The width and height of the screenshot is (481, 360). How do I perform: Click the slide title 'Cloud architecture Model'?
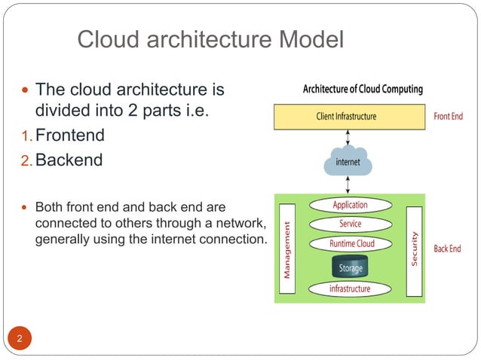[x=211, y=38]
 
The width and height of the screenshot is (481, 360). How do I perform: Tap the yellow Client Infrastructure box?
[x=349, y=117]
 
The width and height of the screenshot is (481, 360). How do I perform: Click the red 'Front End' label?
[x=448, y=117]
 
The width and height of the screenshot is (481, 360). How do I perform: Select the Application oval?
[x=350, y=205]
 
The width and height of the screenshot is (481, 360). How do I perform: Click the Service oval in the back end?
[x=350, y=224]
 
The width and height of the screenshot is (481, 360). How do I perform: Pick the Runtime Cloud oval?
[x=351, y=244]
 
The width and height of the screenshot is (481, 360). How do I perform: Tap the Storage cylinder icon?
[x=350, y=267]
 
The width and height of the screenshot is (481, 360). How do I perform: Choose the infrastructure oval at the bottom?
[x=350, y=288]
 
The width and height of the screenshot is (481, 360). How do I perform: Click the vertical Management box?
[x=286, y=249]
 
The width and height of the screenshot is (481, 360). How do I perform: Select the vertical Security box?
[x=414, y=249]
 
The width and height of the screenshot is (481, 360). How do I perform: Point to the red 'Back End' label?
[x=447, y=249]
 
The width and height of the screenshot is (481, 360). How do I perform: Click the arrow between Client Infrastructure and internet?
[x=347, y=138]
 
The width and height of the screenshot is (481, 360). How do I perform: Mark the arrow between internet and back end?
[x=347, y=185]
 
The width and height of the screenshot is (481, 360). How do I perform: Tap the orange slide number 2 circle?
[x=20, y=338]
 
